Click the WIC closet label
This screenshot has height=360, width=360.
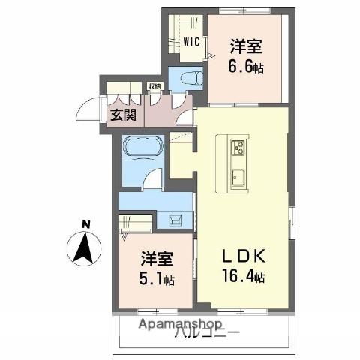191,42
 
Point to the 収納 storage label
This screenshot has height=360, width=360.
154,87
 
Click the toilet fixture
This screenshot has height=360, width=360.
188,78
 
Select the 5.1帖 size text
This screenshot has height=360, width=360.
157,280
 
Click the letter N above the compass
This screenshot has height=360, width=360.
85,223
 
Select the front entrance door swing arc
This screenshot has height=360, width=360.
88,109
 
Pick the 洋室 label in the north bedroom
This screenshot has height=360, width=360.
245,46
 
